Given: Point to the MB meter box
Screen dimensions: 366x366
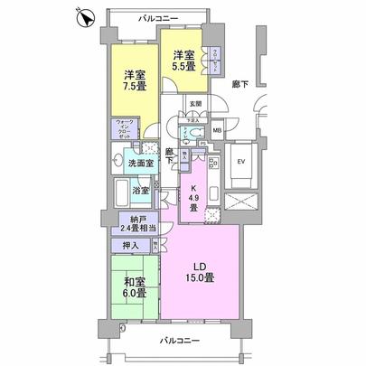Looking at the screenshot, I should pyautogui.click(x=216, y=131).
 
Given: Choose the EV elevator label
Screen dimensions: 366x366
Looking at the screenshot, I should pyautogui.click(x=240, y=163).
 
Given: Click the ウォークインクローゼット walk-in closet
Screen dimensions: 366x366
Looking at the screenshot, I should pyautogui.click(x=123, y=134).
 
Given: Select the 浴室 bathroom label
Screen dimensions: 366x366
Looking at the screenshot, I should pyautogui.click(x=140, y=192).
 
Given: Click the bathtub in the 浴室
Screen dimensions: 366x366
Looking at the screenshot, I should pyautogui.click(x=122, y=192).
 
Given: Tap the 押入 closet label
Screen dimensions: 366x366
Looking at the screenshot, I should pyautogui.click(x=129, y=245).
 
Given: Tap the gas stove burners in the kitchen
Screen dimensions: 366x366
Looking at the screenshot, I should pyautogui.click(x=215, y=165).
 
